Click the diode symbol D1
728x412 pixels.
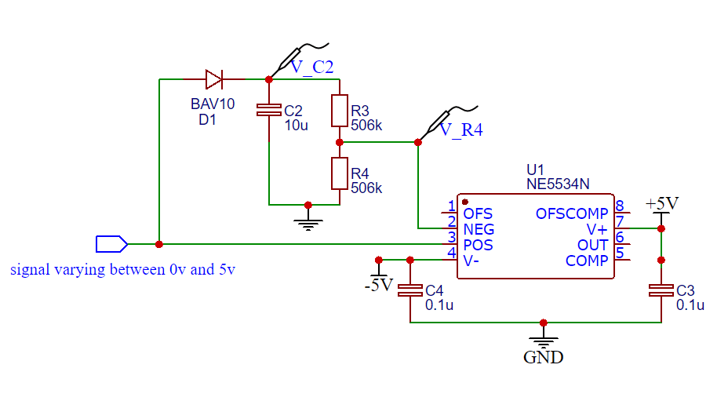click(x=213, y=79)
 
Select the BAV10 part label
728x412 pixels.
click(x=212, y=104)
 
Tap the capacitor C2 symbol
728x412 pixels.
click(x=268, y=111)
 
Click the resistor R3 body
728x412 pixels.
click(x=339, y=111)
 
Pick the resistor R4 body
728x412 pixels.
click(x=339, y=173)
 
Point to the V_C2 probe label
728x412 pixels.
click(x=312, y=67)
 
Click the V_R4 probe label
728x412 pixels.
click(x=460, y=130)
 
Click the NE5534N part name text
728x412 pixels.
click(x=559, y=184)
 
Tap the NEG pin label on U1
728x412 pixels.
click(x=479, y=229)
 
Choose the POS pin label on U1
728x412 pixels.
click(x=479, y=245)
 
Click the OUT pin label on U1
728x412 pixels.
click(x=593, y=245)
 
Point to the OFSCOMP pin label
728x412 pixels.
click(x=572, y=213)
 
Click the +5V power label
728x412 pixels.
click(x=661, y=203)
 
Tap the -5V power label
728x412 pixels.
click(x=378, y=285)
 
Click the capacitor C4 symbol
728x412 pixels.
click(x=409, y=290)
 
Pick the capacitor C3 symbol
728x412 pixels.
click(x=661, y=290)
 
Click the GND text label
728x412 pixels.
click(x=543, y=358)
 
